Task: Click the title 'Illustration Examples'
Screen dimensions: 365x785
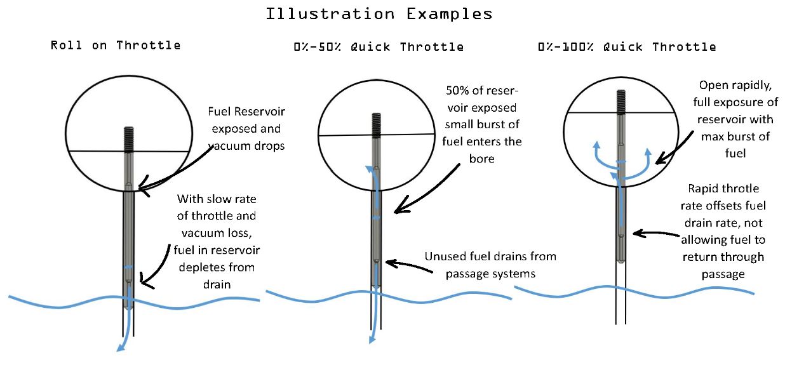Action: [379, 14]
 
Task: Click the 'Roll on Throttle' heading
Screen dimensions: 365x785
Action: [116, 45]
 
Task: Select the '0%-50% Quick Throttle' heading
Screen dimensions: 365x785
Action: [379, 46]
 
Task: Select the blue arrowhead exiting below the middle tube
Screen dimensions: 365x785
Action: [371, 341]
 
